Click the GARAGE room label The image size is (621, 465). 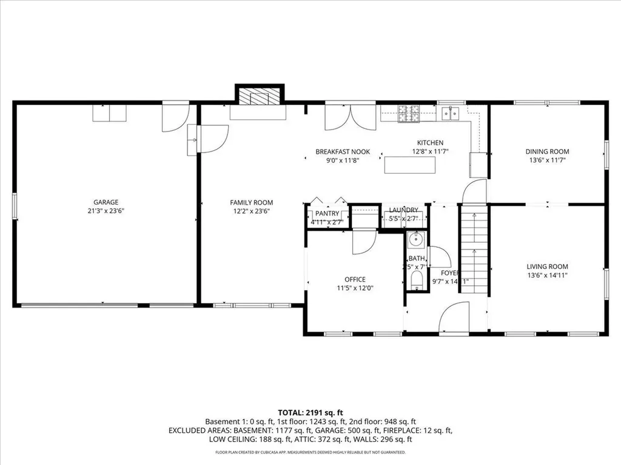click(106, 202)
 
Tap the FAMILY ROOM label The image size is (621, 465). click(251, 202)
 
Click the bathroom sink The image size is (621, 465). click(416, 240)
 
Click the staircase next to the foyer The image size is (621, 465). click(474, 248)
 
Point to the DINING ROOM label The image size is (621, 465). click(547, 151)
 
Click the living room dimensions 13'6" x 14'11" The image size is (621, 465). click(547, 275)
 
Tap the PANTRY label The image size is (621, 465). click(327, 214)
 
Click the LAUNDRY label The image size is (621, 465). click(403, 209)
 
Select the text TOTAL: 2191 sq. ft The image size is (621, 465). click(310, 411)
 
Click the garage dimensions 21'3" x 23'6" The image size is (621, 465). click(106, 211)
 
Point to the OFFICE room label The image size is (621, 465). click(355, 279)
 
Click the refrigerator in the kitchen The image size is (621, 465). click(478, 165)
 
